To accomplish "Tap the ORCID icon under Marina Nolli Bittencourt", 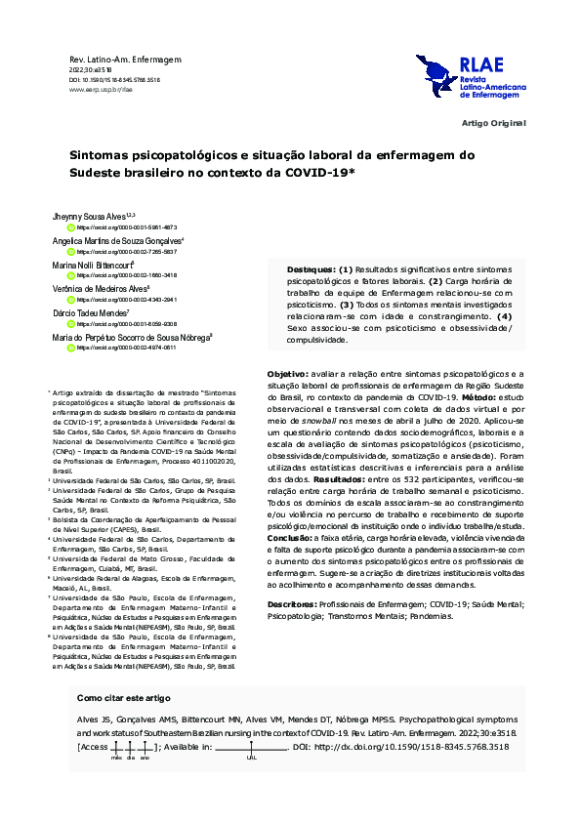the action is point(70,275).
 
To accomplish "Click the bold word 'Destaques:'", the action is point(311,268).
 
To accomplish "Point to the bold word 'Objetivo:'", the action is point(288,373).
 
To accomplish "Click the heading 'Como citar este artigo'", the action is point(123,698).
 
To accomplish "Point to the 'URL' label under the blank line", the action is point(252,757).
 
